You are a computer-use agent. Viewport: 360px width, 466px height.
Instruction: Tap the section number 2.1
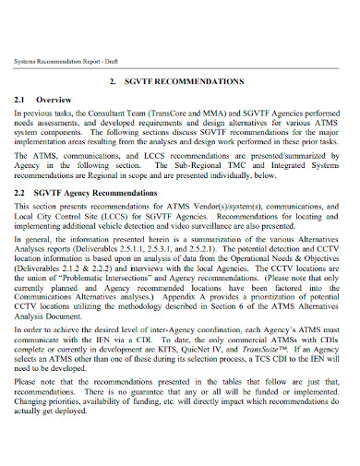[x=27, y=98]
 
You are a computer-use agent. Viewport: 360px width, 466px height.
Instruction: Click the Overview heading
[x=66, y=98]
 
